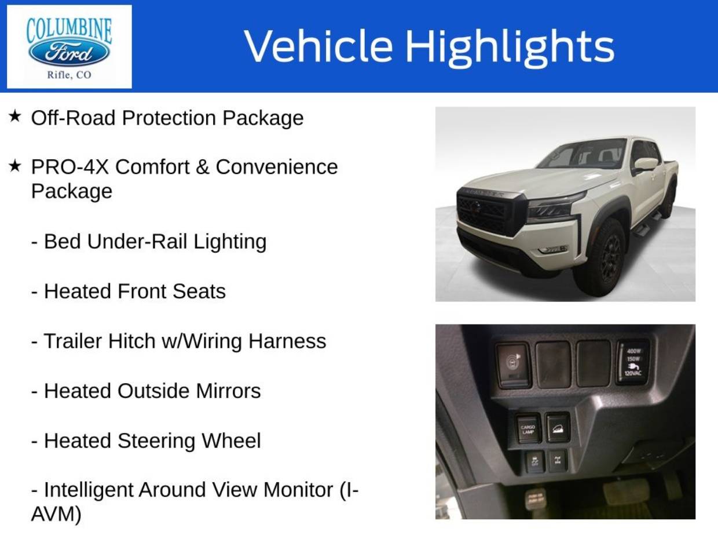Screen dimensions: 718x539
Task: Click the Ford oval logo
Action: pos(69,52)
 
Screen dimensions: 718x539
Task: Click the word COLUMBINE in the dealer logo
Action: pos(69,30)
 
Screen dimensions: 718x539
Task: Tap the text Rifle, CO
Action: pos(69,75)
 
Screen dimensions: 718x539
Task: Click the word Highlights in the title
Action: pos(510,46)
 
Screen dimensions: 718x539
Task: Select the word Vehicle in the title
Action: pos(318,46)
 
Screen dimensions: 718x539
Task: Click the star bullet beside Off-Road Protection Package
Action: pos(14,116)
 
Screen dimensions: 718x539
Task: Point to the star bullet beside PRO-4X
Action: pos(14,166)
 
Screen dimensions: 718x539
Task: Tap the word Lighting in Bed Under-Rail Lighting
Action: pos(230,242)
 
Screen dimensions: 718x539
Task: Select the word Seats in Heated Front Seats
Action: pos(199,292)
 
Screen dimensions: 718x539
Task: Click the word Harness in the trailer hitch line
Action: pos(287,341)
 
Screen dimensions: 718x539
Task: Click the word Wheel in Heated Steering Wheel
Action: pos(231,440)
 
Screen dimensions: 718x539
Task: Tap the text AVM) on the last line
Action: pos(56,514)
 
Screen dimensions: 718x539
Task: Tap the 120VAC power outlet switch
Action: pos(633,362)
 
